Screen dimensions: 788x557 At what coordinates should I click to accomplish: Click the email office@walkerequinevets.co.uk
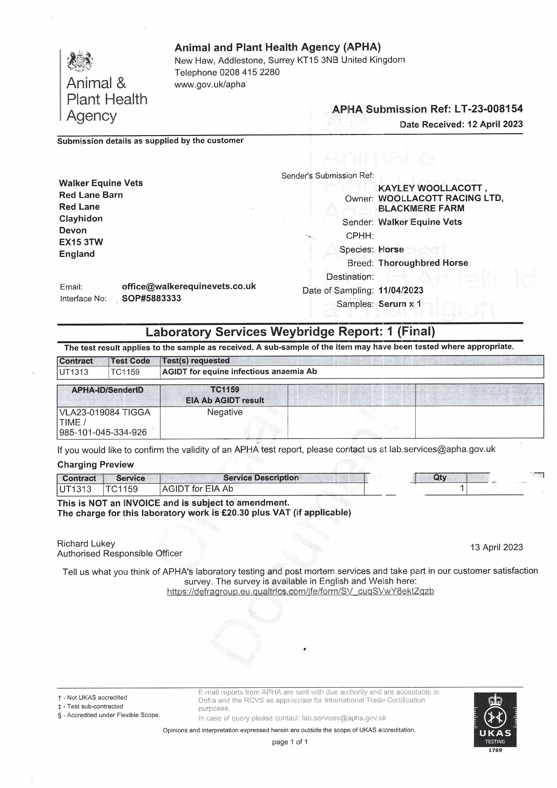(189, 286)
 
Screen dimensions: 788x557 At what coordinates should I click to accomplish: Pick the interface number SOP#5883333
(151, 298)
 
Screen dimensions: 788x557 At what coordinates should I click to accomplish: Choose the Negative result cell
(225, 412)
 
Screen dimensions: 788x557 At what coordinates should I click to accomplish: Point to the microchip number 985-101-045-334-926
(103, 432)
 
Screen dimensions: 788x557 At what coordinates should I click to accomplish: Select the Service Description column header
(261, 478)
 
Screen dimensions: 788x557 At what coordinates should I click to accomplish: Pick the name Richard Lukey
(86, 544)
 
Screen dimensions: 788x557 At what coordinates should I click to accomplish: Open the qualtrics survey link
(300, 591)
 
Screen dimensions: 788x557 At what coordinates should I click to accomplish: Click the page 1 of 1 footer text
(290, 742)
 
